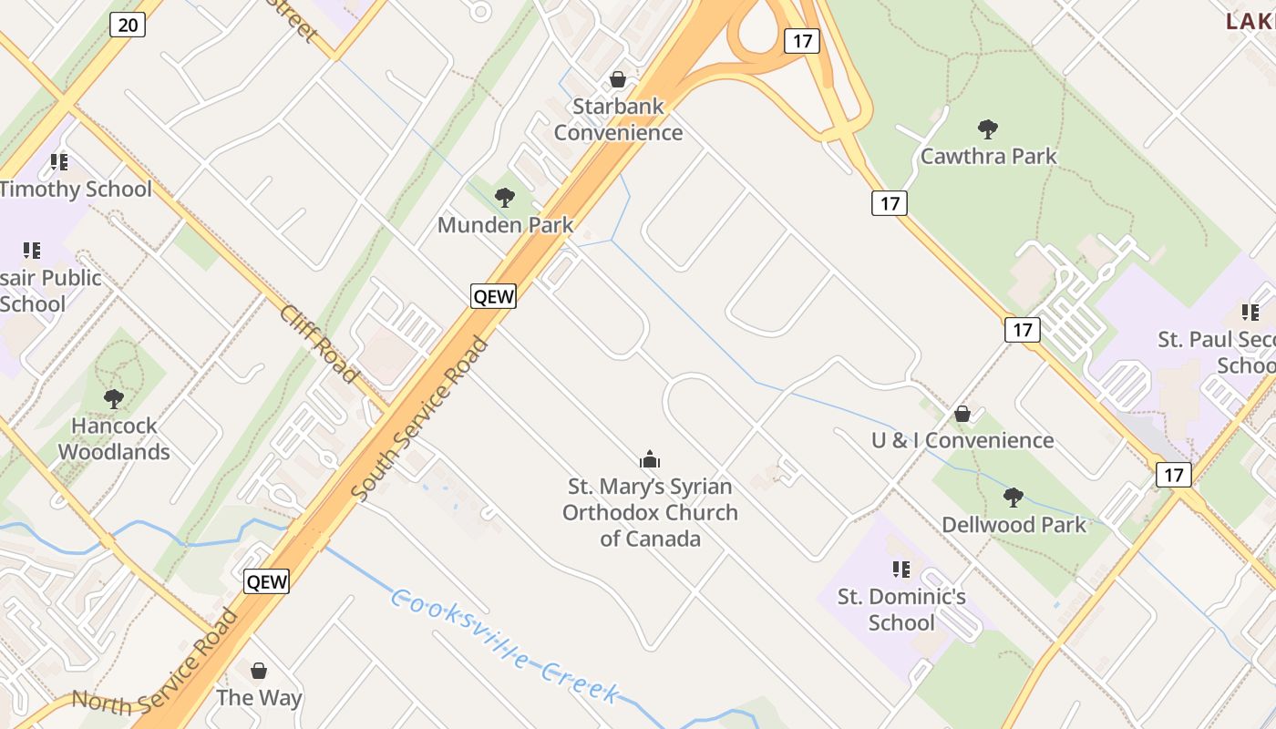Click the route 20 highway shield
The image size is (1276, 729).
click(128, 25)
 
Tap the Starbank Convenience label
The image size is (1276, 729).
click(618, 119)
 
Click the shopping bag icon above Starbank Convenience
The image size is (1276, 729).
click(618, 79)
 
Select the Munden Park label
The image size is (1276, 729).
click(505, 225)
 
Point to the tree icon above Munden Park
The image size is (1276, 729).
click(504, 197)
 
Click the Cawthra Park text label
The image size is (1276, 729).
click(988, 157)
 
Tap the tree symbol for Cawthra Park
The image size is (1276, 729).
click(987, 128)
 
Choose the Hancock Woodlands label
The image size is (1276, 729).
click(114, 439)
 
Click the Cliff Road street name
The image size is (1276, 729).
click(318, 344)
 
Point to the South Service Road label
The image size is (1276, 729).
click(420, 418)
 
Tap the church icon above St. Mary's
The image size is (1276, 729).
click(650, 459)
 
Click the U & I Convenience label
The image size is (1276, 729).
click(962, 441)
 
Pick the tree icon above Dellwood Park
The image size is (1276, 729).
click(1013, 497)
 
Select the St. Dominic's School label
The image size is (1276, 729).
click(901, 610)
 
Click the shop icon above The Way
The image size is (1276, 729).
click(259, 671)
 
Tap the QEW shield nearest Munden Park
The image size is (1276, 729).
click(493, 295)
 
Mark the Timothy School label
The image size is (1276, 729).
click(76, 190)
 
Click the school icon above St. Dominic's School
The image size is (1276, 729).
click(901, 570)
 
